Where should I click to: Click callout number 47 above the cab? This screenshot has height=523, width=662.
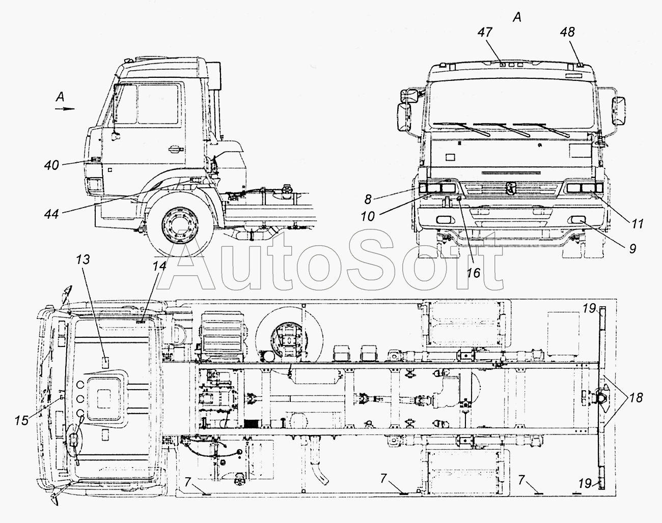tap(485, 32)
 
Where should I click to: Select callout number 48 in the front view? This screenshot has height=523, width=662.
tap(567, 32)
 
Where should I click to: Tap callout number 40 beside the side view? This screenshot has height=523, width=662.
tap(51, 165)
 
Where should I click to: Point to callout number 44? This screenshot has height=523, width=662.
tap(51, 214)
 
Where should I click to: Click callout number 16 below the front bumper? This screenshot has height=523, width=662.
tap(474, 273)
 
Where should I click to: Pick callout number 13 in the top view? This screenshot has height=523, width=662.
tap(82, 259)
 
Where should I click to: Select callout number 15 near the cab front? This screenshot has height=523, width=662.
tap(21, 420)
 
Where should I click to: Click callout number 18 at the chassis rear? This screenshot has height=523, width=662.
tap(636, 398)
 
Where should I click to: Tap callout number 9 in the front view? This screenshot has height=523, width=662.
tap(632, 249)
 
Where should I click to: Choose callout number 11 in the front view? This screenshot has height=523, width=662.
tap(638, 224)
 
